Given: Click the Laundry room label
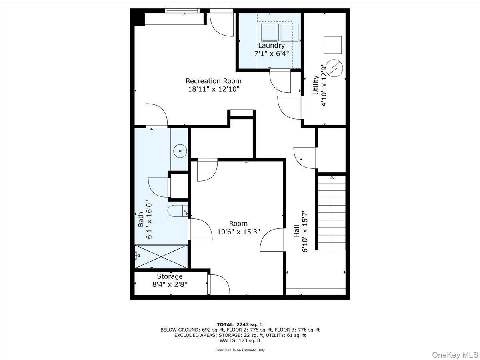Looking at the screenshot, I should [271, 46].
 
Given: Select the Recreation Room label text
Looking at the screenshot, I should [214, 81].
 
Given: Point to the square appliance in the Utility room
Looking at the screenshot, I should [332, 45].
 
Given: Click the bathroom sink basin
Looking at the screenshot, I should [180, 151].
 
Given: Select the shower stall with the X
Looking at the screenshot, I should [161, 256].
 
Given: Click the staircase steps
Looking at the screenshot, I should [332, 212].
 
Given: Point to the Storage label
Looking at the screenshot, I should [170, 276].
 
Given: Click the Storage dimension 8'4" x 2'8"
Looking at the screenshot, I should [170, 284].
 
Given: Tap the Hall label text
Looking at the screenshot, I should [297, 231].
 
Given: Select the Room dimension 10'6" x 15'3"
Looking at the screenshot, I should [238, 231].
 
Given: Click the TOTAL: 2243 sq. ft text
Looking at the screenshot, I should [240, 324].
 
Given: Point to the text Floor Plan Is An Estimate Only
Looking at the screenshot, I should [240, 350].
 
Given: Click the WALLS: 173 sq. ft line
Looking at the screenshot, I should [240, 341].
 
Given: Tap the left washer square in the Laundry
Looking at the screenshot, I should [270, 32].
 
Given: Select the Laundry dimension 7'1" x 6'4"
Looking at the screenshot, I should [271, 53].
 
